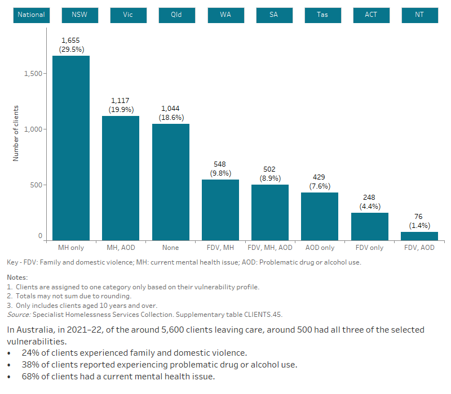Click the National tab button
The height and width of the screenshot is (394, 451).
click(x=32, y=15)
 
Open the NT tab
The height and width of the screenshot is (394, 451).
click(x=419, y=15)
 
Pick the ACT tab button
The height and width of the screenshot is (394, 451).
click(x=371, y=15)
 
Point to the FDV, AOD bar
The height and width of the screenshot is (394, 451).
click(x=419, y=236)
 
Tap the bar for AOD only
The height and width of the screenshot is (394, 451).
click(x=320, y=216)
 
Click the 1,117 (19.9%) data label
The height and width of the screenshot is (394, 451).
click(x=121, y=105)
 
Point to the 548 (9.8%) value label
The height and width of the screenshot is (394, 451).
click(x=220, y=169)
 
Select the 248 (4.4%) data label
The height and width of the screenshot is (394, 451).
click(x=369, y=202)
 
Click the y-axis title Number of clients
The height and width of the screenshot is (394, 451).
click(x=16, y=133)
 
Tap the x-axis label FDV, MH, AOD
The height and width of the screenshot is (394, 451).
click(x=270, y=248)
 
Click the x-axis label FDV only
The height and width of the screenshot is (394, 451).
click(x=369, y=248)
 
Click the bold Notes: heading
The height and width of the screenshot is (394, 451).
click(x=17, y=277)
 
